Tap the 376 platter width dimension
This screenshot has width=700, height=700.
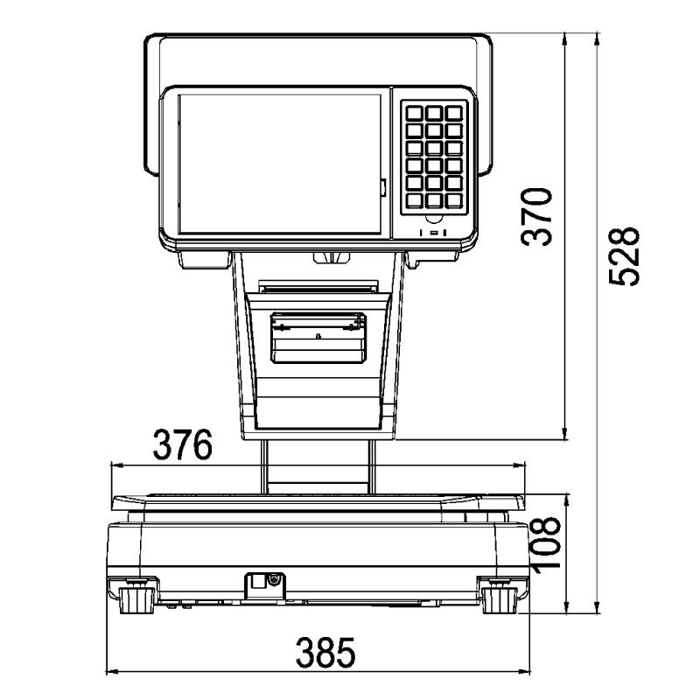tap(183, 445)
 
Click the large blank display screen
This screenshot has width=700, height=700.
tap(279, 164)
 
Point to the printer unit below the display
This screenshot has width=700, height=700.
tap(317, 335)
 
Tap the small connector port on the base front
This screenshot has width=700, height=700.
tap(260, 581)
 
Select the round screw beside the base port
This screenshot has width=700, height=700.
tap(275, 579)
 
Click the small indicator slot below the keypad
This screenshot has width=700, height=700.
tap(434, 233)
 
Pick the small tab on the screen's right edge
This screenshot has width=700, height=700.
tap(383, 186)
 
